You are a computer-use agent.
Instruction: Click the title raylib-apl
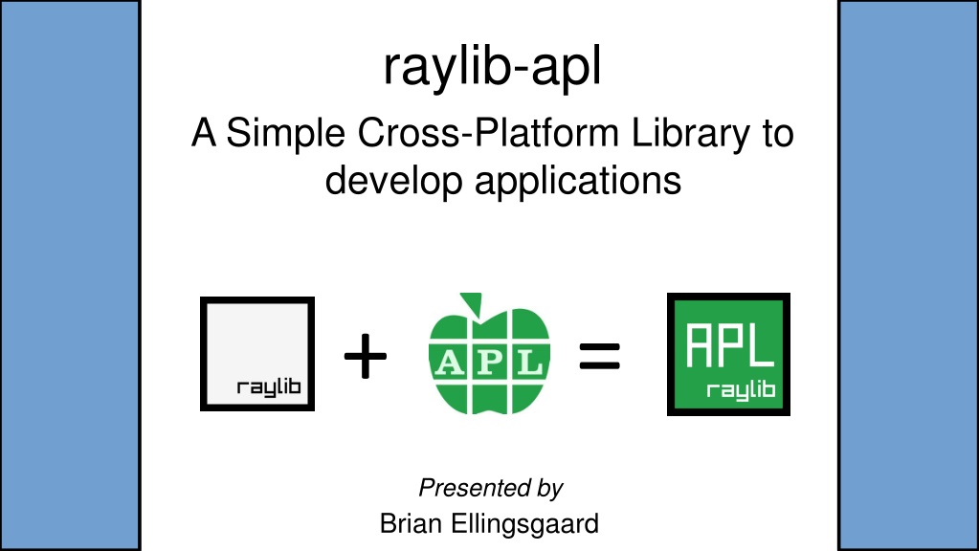492,67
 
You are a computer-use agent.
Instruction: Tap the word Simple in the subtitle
285,134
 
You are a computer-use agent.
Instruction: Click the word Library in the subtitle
691,134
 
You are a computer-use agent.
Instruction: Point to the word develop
393,182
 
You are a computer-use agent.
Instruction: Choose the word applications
577,182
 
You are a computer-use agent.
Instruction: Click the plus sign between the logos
366,356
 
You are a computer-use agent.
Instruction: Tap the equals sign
599,356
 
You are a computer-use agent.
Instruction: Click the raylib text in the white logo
269,387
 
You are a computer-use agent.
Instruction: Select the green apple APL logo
489,353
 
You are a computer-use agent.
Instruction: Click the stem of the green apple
473,303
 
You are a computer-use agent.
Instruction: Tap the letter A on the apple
450,362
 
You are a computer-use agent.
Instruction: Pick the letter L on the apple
530,362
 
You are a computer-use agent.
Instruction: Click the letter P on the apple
490,362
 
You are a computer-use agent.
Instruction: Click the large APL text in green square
730,345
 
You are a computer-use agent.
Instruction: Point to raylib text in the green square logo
741,390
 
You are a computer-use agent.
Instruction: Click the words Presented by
491,488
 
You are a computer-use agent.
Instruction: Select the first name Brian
412,523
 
